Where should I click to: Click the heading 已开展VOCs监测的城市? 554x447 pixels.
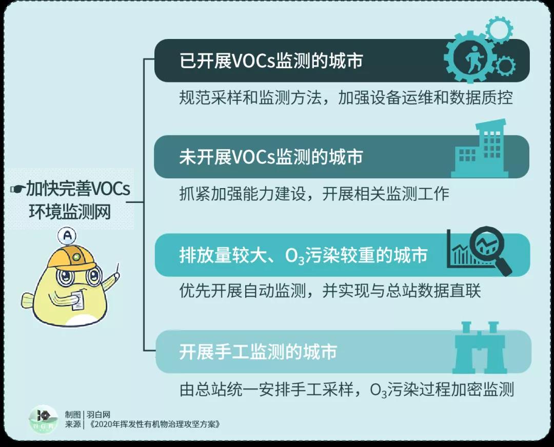[271, 60]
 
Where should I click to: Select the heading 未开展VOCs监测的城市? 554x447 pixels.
[271, 157]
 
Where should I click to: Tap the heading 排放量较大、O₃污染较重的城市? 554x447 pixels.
[303, 255]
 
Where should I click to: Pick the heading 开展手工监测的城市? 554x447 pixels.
[258, 352]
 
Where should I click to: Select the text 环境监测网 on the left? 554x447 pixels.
[70, 212]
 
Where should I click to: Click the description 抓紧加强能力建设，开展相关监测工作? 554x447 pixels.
[314, 194]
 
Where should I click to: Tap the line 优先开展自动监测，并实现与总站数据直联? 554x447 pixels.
[330, 291]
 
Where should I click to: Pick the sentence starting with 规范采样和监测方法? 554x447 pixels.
[346, 98]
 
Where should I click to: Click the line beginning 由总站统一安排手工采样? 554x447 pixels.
[346, 390]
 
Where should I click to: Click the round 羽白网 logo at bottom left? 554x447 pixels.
[44, 420]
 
